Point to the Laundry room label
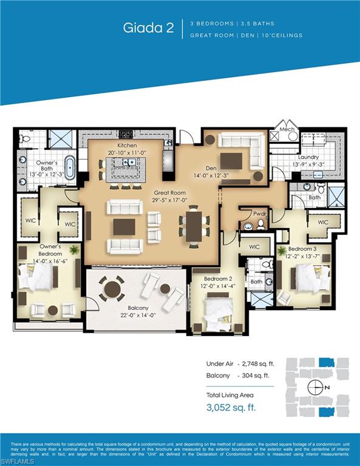308,157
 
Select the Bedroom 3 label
301,249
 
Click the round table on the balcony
112,288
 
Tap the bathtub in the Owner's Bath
70,167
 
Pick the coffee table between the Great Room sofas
124,226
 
